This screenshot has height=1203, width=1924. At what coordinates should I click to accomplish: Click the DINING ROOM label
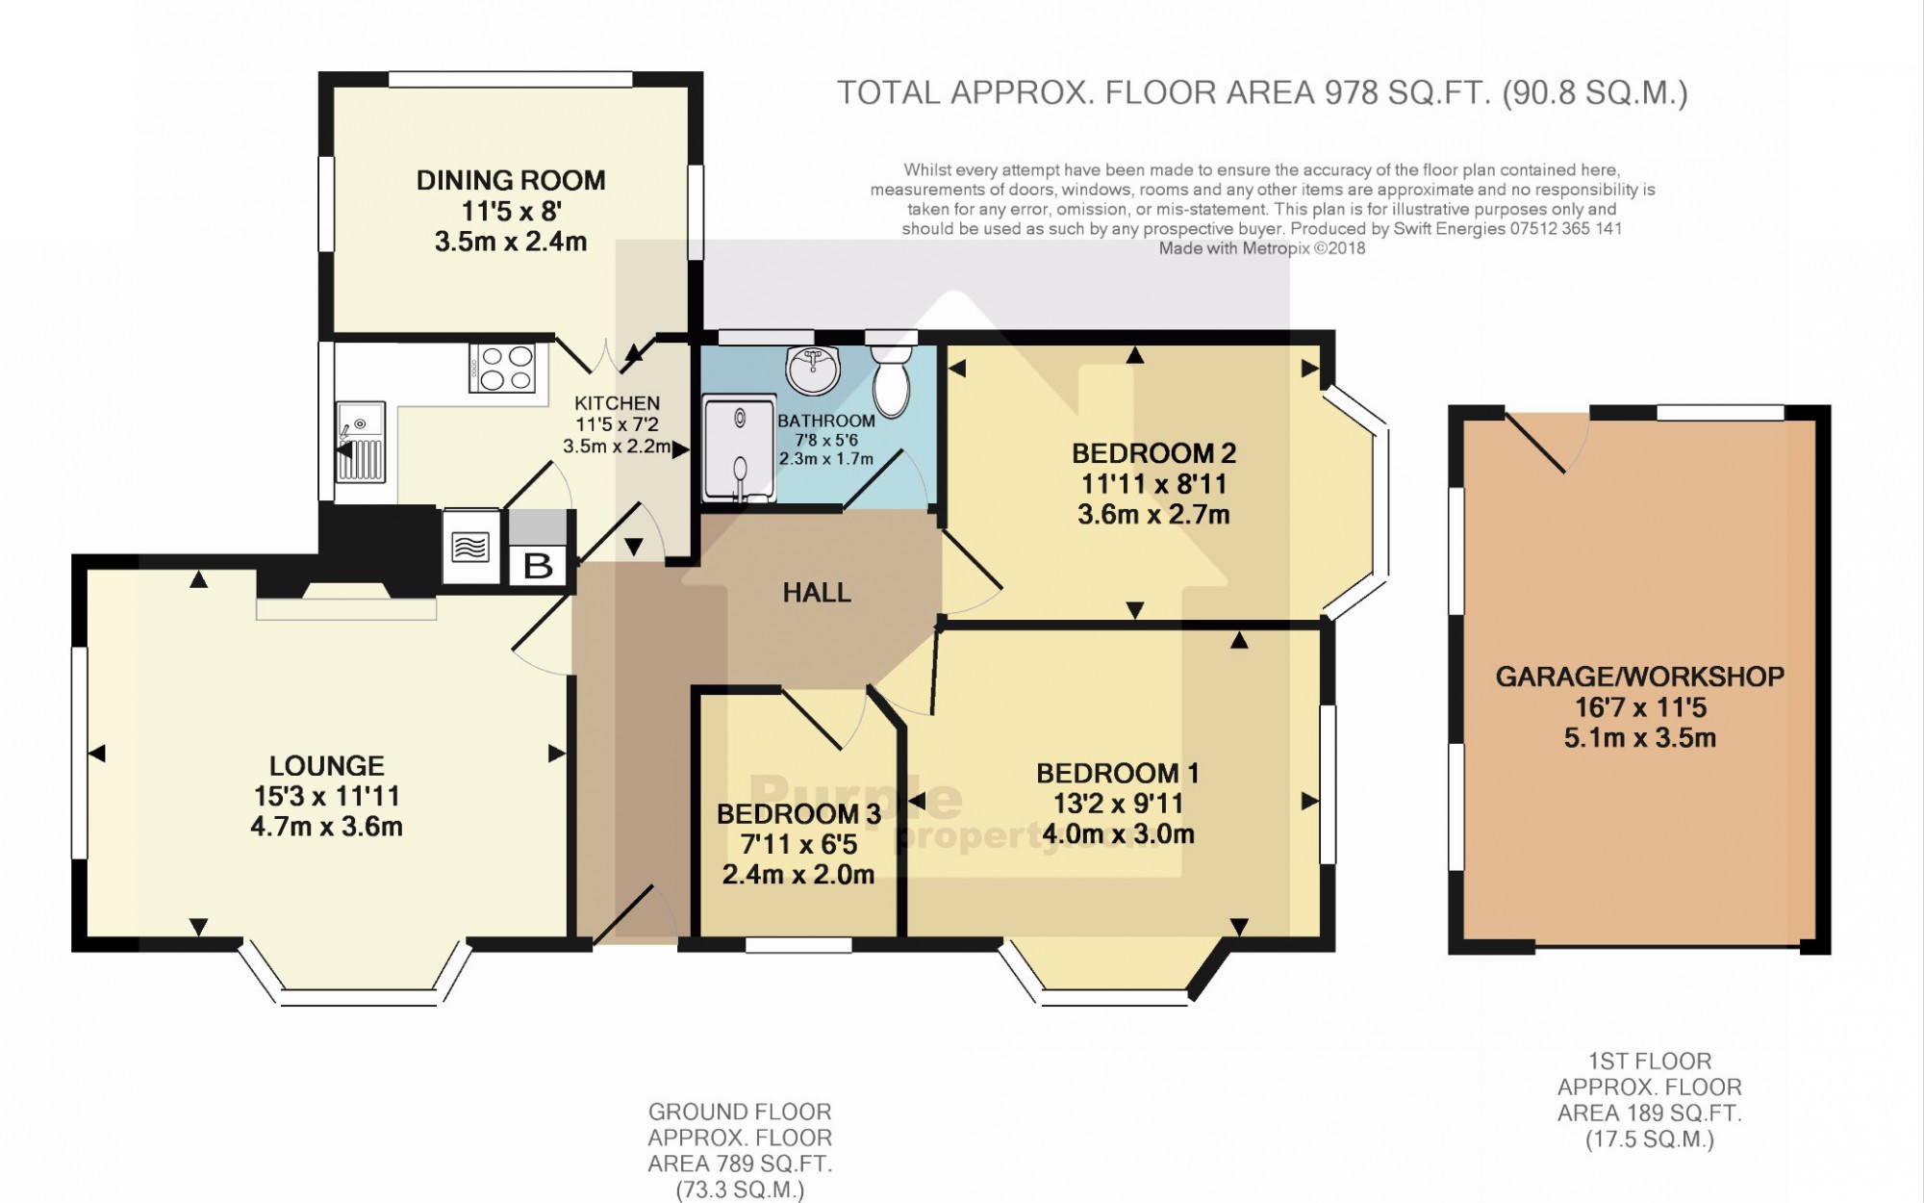point(511,180)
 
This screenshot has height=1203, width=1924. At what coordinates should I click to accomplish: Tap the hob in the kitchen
point(502,369)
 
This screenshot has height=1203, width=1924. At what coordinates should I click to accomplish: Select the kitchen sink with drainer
point(361,442)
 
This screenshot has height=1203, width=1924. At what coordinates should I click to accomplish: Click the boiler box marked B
point(538,565)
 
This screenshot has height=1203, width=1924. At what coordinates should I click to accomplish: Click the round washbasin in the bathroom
point(813,370)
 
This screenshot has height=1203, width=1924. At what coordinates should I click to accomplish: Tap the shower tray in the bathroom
point(739,450)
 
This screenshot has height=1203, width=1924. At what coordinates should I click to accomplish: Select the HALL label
point(817,593)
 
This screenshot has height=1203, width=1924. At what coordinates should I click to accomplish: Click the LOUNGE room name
point(326,766)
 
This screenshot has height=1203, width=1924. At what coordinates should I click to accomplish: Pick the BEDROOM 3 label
point(798,814)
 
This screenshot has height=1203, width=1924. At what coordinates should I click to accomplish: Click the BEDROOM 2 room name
point(1153,453)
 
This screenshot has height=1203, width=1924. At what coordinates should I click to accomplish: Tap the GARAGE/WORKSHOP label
point(1640,677)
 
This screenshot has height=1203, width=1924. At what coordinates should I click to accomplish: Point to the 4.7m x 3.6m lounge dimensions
point(326,827)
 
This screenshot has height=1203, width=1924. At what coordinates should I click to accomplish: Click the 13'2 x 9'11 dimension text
point(1118,804)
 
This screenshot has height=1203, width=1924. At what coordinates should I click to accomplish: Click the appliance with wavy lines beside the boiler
point(470,547)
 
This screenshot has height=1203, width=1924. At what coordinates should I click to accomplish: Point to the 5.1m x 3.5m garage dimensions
point(1640,738)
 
